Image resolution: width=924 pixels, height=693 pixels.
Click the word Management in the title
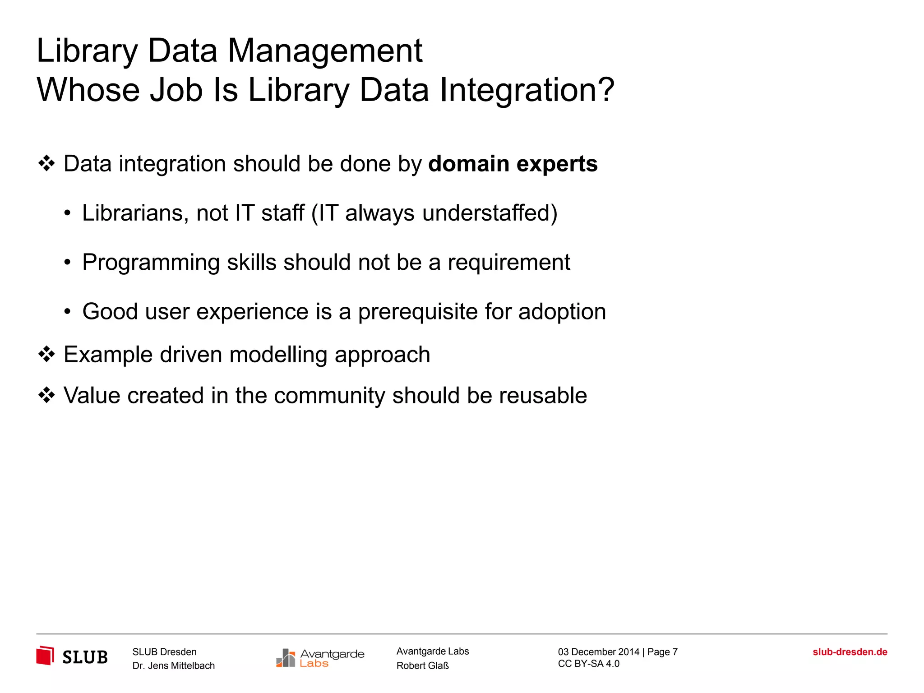coord(325,51)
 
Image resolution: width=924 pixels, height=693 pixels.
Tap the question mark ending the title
coord(605,89)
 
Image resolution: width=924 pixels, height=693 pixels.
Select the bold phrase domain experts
coord(513,164)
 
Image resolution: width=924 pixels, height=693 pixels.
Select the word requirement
coord(508,263)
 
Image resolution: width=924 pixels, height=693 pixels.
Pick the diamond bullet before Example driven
coord(46,355)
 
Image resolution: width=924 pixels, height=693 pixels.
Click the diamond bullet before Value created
coord(46,396)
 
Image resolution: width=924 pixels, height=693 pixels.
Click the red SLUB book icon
coord(45,655)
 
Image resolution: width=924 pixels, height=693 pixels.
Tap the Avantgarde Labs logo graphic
coord(286,658)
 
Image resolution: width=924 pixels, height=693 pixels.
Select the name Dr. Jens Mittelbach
coord(173,666)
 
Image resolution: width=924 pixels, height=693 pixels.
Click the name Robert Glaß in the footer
coord(422,666)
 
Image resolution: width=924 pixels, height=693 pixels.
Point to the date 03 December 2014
coord(598,652)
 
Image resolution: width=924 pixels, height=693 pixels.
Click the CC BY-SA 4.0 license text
coord(588,664)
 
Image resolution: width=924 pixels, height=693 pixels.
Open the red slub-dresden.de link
coord(850,652)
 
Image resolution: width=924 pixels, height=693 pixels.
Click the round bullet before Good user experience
coord(67,312)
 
